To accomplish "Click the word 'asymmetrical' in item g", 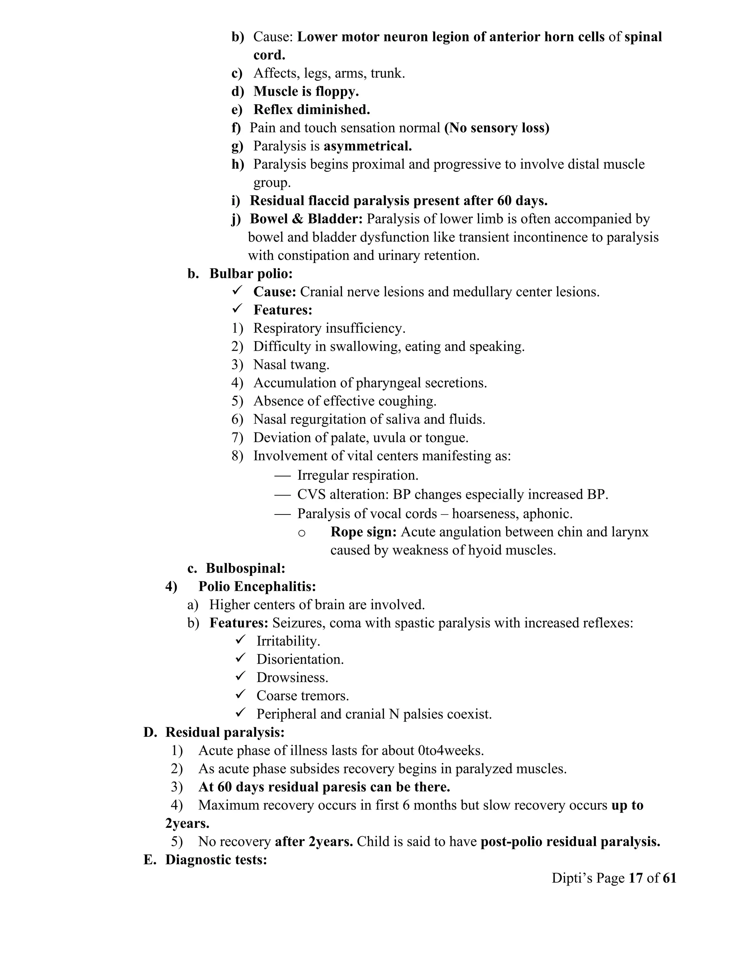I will (368, 146).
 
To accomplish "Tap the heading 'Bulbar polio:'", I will (251, 274).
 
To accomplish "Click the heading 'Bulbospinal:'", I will (245, 568).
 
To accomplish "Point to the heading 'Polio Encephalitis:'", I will (257, 587).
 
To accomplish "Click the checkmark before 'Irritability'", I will (241, 640).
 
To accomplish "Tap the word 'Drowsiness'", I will (292, 678).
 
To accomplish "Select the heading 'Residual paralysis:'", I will (225, 732).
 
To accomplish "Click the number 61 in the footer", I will (669, 878).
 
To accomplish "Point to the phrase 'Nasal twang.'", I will (291, 365).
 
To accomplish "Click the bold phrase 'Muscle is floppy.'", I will (306, 91).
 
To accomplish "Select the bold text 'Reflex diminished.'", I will (312, 110).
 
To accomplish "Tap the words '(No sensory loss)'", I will (497, 128).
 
